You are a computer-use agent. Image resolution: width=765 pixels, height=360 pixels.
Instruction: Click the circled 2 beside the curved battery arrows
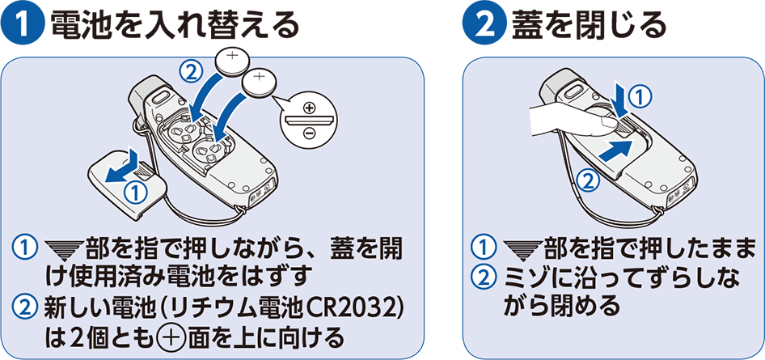[192, 72]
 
